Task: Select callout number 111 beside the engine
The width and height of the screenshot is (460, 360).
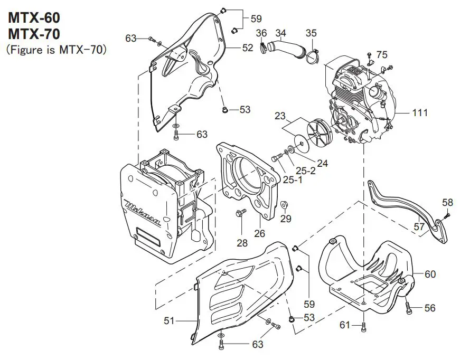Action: point(420,112)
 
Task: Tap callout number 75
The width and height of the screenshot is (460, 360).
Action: point(382,54)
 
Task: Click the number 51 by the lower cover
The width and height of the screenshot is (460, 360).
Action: point(170,320)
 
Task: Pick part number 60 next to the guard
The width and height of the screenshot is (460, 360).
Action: point(430,274)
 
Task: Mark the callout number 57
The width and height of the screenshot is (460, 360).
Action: point(418,226)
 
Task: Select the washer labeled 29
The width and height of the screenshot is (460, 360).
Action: point(284,204)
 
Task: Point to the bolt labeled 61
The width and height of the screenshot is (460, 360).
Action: point(364,327)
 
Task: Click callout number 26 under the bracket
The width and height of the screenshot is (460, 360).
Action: point(260,232)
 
